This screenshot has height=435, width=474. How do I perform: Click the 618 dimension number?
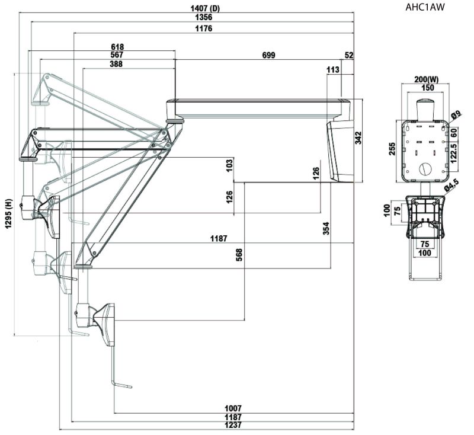pyautogui.click(x=117, y=46)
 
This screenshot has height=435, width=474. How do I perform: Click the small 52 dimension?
pyautogui.click(x=348, y=55)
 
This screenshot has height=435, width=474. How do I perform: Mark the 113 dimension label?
pyautogui.click(x=332, y=70)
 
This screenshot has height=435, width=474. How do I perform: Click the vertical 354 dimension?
pyautogui.click(x=326, y=229)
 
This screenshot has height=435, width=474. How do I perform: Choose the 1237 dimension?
pyautogui.click(x=233, y=426)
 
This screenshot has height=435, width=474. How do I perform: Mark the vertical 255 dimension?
pyautogui.click(x=392, y=149)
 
